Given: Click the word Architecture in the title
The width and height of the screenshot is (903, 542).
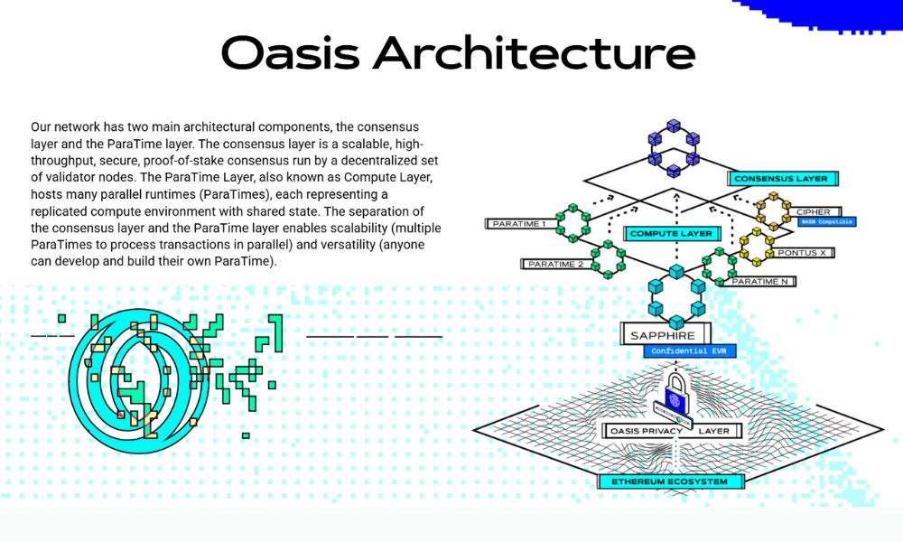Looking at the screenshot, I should (534, 53).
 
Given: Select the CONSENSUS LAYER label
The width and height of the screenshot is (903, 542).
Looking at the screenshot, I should (779, 179).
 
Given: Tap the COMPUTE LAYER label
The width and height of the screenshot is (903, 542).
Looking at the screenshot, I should (670, 234).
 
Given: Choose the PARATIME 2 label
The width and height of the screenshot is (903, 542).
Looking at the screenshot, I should (554, 264).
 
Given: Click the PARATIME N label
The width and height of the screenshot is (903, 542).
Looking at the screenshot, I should (761, 282).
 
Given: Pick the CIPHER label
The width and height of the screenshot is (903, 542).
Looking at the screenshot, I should (813, 212).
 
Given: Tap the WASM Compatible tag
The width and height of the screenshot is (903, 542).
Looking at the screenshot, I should (825, 222).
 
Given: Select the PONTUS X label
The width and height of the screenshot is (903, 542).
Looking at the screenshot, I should (804, 253).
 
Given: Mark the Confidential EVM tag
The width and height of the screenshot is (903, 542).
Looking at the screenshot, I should (678, 351).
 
